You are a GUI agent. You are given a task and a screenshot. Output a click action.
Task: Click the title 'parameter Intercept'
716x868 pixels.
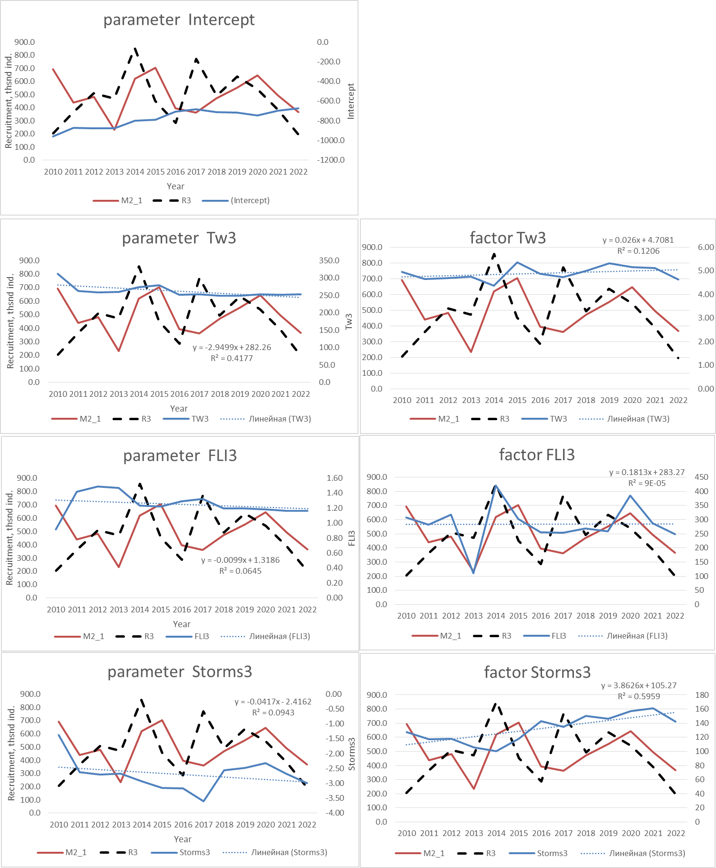(x=179, y=20)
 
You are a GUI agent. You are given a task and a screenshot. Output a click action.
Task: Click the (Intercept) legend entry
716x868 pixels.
(x=250, y=200)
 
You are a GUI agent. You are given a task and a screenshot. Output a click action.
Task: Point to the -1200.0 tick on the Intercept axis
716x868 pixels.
(x=330, y=160)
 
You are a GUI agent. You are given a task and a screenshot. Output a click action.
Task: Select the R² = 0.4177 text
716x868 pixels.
(x=232, y=358)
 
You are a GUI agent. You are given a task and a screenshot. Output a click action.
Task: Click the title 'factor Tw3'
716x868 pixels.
(x=508, y=238)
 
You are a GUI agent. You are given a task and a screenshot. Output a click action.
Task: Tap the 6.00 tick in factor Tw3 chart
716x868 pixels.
(x=706, y=247)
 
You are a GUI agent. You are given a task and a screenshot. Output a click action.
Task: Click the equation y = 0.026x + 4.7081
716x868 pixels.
(x=638, y=240)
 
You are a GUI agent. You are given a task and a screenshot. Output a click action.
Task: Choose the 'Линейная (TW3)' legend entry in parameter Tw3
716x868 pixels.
(x=279, y=419)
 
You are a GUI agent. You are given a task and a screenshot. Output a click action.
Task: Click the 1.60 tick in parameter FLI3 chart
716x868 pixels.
(x=335, y=478)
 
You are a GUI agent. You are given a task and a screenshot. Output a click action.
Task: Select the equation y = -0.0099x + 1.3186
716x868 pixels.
(x=240, y=560)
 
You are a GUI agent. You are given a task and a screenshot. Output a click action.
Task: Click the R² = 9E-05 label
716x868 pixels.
(x=647, y=483)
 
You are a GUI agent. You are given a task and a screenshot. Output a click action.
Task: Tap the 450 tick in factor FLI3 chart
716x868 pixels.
(x=701, y=477)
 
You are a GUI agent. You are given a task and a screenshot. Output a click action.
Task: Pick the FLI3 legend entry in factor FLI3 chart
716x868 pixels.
(x=558, y=636)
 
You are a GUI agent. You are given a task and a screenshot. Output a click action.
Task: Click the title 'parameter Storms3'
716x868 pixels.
(x=179, y=672)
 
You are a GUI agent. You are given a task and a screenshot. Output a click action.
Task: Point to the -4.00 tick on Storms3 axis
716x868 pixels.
(x=335, y=813)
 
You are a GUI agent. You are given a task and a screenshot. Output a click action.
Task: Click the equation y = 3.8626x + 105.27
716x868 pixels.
(x=639, y=685)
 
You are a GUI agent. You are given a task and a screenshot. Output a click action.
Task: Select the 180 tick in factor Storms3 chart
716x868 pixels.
(x=702, y=695)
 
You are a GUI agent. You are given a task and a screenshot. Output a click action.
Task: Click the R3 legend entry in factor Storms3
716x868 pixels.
(x=491, y=853)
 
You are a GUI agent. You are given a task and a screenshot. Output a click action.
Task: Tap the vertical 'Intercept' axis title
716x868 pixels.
(x=351, y=101)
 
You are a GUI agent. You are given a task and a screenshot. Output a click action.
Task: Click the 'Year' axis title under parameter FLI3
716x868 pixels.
(x=182, y=624)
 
